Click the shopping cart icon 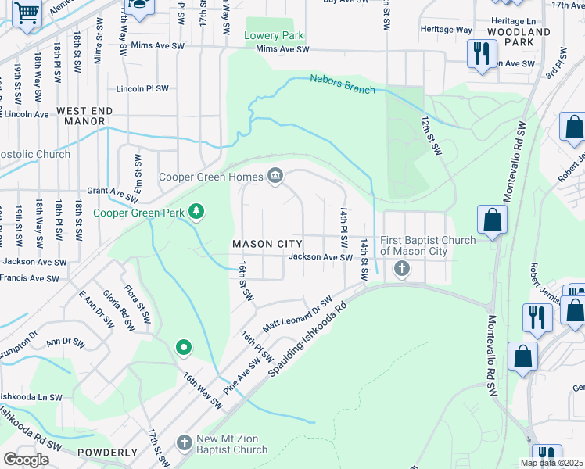pos(26,13)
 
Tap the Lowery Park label pos(274,36)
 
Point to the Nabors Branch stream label pos(343,84)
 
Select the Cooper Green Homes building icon pos(275,177)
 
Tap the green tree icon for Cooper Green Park pos(197,211)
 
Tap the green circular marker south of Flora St pos(183,347)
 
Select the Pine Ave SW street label pos(243,376)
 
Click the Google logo pos(26,460)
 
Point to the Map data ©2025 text pos(551,463)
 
